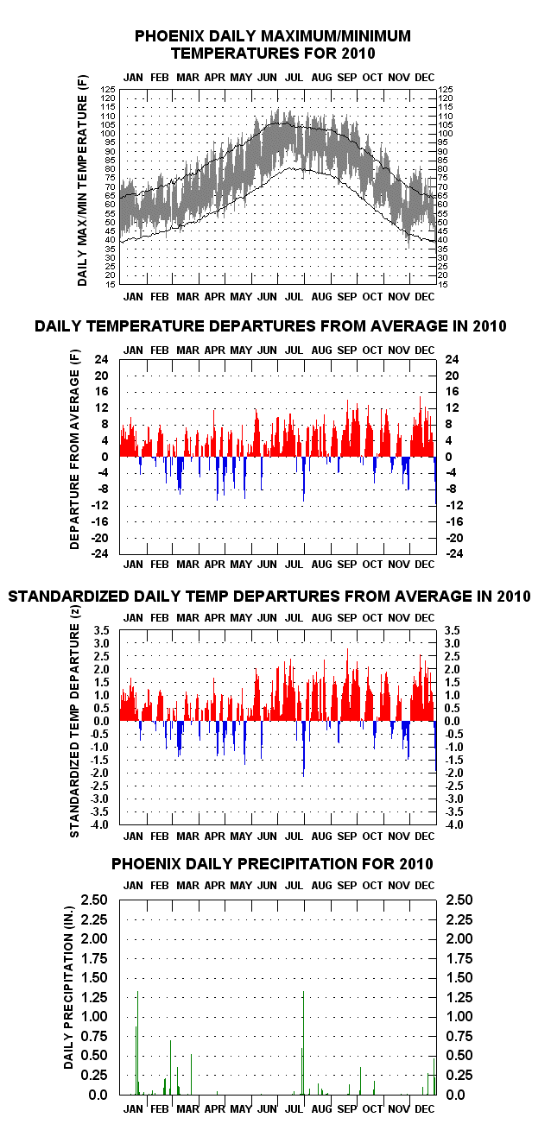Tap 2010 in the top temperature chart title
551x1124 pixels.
(x=358, y=54)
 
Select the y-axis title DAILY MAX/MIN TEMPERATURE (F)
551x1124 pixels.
(x=82, y=180)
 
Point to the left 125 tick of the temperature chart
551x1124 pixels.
(x=108, y=89)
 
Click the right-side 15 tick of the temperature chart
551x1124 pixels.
(x=443, y=285)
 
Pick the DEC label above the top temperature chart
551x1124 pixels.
(x=425, y=78)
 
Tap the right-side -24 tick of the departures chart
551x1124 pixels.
(x=454, y=553)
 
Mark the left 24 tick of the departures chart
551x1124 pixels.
(x=101, y=359)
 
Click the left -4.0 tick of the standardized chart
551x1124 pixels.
(x=99, y=824)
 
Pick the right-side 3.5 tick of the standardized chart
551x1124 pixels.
(x=453, y=630)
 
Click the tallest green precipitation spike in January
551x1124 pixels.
(x=137, y=1043)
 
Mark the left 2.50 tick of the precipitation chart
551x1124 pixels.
(x=94, y=900)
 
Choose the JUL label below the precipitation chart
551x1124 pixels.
(x=294, y=1109)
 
